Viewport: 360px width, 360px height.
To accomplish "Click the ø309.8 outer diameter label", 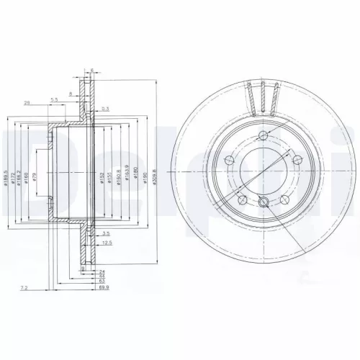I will pyautogui.click(x=153, y=176).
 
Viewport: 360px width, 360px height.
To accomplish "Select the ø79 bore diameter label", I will pyautogui.click(x=33, y=178).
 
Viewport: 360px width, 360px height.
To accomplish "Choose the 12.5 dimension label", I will pyautogui.click(x=107, y=243).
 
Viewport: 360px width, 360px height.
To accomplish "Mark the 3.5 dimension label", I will pyautogui.click(x=105, y=233).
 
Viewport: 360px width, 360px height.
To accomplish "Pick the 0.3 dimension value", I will pyautogui.click(x=105, y=108).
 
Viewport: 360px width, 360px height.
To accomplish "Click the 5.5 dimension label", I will pyautogui.click(x=54, y=99).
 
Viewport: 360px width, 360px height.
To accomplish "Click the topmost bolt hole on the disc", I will pyautogui.click(x=262, y=137).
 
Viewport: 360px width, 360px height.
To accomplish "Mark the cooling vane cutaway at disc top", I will pyautogui.click(x=263, y=97).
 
